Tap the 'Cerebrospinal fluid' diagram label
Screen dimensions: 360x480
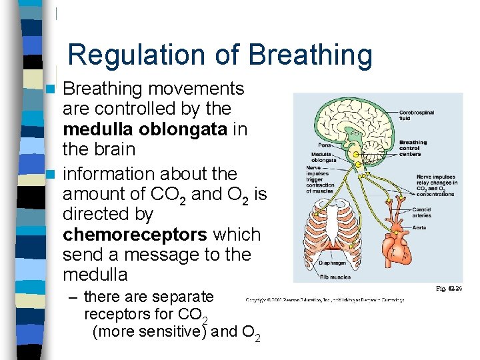coord(417,115)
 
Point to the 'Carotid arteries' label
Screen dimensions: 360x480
coord(416,212)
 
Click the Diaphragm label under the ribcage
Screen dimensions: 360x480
coord(331,264)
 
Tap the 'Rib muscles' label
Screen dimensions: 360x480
coord(333,277)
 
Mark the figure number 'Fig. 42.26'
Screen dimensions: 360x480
coord(449,288)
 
